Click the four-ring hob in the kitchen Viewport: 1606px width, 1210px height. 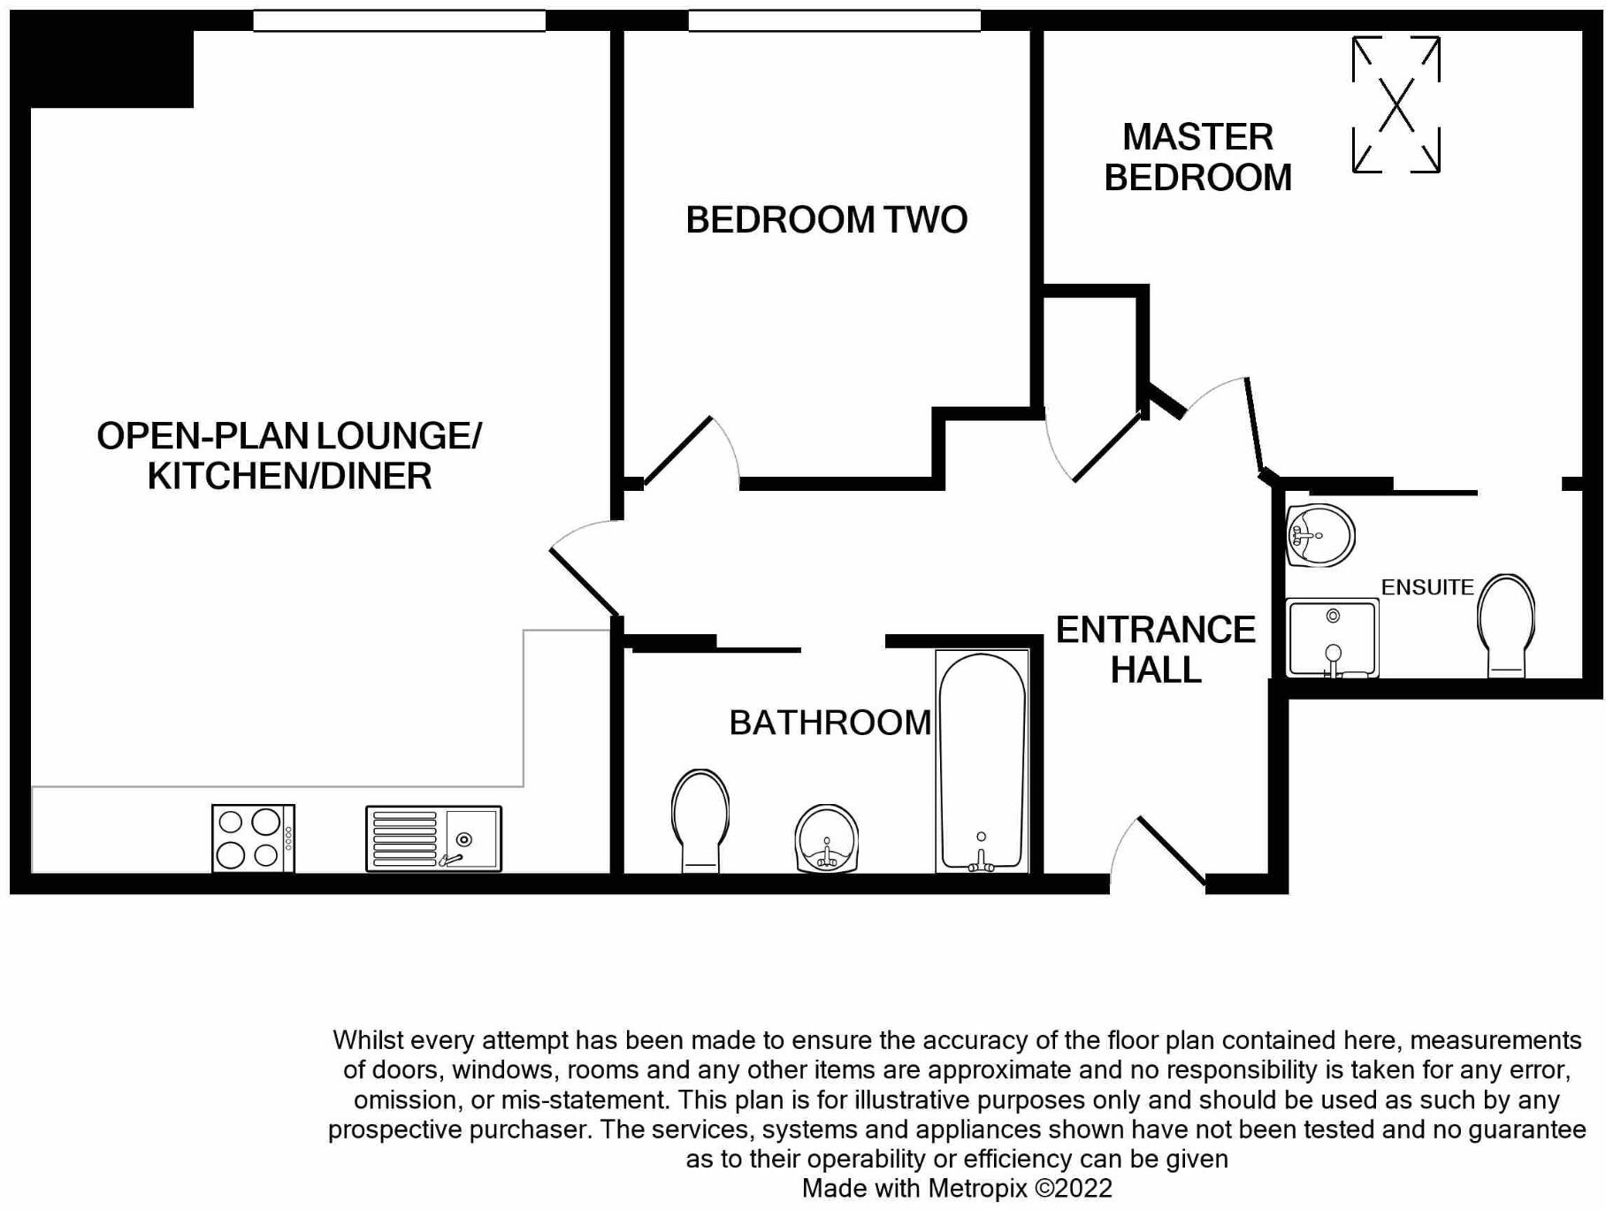click(x=253, y=838)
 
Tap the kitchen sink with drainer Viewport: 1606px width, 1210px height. click(x=433, y=838)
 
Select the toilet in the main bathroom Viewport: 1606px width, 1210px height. click(x=700, y=819)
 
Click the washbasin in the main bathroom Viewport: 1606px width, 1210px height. click(x=827, y=838)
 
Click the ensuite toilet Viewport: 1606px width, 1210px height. click(x=1505, y=624)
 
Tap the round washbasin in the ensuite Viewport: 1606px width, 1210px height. click(x=1319, y=535)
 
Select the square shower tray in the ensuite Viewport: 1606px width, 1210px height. click(x=1332, y=638)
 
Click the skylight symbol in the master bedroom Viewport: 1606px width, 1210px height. click(x=1396, y=104)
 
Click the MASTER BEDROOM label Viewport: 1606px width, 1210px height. click(x=1197, y=157)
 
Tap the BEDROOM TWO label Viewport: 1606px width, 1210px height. click(x=826, y=219)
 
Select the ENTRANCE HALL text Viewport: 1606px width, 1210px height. click(x=1155, y=649)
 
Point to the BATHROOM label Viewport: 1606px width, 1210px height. click(x=830, y=723)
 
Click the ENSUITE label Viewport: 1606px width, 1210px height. click(x=1426, y=587)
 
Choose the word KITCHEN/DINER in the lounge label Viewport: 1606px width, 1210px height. click(x=289, y=476)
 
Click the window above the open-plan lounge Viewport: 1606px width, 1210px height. click(x=399, y=20)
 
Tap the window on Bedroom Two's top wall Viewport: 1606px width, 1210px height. click(x=834, y=20)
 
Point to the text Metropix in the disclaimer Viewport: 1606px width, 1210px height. click(x=979, y=1188)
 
